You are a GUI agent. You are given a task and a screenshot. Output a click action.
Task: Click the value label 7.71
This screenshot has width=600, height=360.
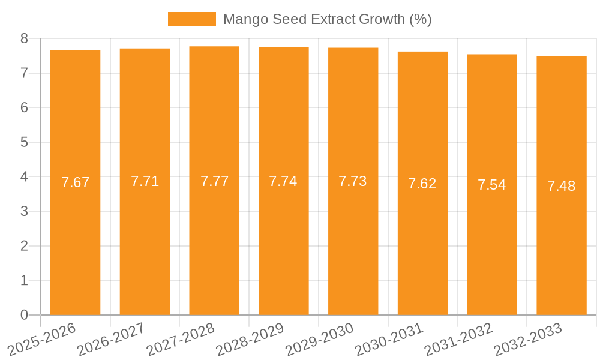145,181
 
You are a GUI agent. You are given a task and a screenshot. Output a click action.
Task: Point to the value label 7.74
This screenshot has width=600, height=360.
283,181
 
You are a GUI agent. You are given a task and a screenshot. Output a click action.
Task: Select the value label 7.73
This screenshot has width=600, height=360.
353,181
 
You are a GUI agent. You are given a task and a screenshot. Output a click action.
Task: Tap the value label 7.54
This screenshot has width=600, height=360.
492,185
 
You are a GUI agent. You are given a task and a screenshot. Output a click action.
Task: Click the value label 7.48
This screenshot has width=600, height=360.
562,186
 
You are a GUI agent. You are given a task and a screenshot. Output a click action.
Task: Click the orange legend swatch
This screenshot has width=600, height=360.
191,19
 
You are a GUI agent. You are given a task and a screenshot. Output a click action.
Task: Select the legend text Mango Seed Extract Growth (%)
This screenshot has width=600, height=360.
327,19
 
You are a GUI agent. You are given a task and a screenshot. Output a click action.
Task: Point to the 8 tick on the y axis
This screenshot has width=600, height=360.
24,38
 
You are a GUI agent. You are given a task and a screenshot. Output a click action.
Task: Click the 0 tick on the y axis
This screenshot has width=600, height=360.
24,315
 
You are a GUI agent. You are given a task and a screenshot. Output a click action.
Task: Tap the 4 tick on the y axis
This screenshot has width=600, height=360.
24,177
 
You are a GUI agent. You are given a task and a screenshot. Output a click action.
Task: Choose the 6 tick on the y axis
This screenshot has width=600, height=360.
24,107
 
